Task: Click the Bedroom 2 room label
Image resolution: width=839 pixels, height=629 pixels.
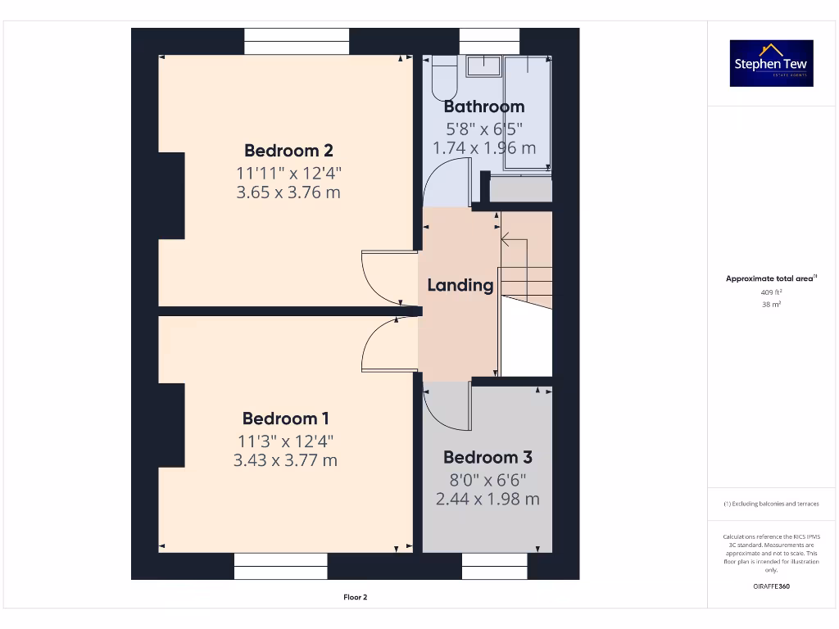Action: coord(288,151)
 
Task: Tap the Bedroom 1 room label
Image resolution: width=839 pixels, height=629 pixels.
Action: coord(285,419)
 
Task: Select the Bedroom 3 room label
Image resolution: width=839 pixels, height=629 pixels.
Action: coord(487,457)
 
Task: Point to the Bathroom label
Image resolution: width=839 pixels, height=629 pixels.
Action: coord(483,106)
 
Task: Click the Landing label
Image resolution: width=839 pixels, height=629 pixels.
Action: coord(460,285)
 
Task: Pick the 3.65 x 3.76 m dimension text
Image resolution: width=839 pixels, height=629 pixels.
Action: coord(288,193)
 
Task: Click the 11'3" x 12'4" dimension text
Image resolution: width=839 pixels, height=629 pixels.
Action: coord(285,441)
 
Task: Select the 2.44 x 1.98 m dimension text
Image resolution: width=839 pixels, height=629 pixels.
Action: coord(487,499)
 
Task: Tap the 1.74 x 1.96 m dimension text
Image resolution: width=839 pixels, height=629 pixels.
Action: coord(483,148)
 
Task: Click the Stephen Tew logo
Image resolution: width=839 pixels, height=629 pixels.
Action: coord(771,64)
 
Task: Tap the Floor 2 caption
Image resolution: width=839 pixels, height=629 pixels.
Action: coord(355,597)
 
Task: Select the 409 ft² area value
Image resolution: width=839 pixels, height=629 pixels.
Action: coord(771,292)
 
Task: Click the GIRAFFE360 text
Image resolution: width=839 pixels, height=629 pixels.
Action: coord(771,586)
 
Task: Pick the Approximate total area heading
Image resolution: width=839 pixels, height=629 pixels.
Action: coord(771,278)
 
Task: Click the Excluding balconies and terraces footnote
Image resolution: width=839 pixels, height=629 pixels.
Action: coord(771,504)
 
